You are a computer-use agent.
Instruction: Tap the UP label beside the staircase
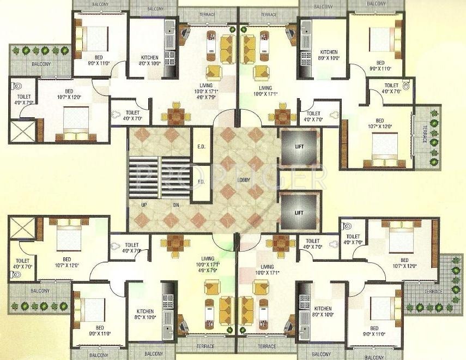pyautogui.click(x=143, y=205)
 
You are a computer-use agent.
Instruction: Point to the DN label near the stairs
pyautogui.click(x=176, y=205)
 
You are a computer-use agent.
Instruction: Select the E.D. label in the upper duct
pyautogui.click(x=201, y=146)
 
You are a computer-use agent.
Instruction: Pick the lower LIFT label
pyautogui.click(x=299, y=212)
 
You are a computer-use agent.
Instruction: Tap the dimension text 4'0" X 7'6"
pyautogui.click(x=391, y=92)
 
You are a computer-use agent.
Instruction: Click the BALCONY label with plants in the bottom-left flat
pyautogui.click(x=40, y=291)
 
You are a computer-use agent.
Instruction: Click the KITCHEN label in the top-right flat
pyautogui.click(x=329, y=52)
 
